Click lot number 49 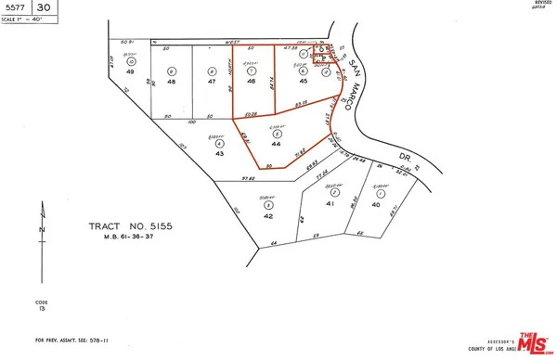tap(131, 82)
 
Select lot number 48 tap(172, 82)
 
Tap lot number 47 tap(212, 82)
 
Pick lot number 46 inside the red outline tap(251, 82)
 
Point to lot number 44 tap(276, 146)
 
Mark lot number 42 tap(268, 215)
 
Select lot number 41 tap(330, 203)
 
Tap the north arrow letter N tap(40, 228)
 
